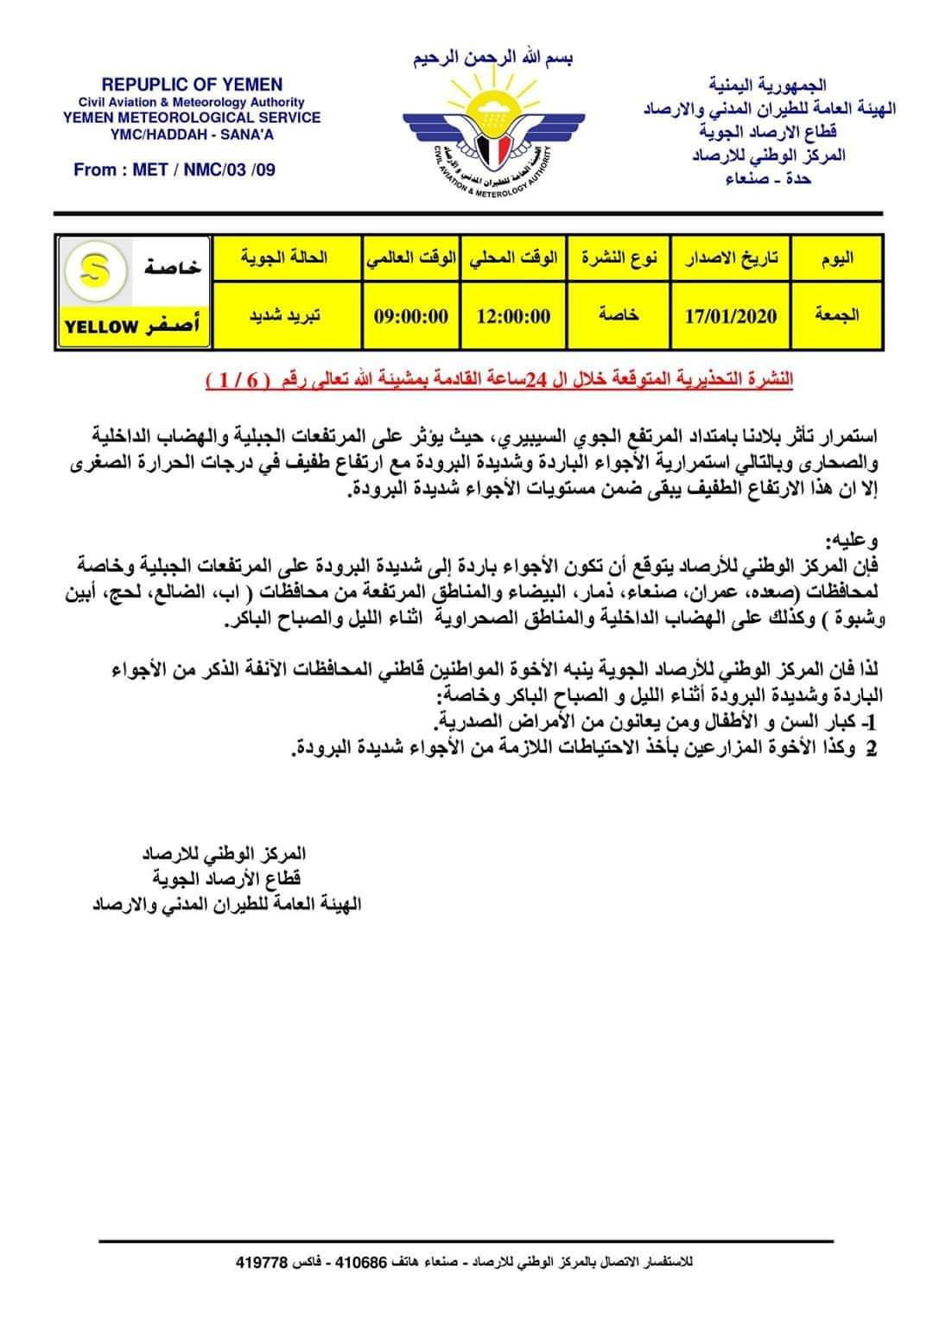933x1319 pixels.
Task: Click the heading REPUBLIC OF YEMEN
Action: [x=192, y=85]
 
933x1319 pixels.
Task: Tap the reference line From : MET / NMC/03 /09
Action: [x=175, y=169]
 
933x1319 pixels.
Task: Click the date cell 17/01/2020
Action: [x=731, y=316]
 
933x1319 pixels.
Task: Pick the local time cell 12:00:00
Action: [x=513, y=316]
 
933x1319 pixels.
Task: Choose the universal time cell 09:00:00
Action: [x=411, y=316]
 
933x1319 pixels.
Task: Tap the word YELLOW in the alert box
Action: [x=101, y=327]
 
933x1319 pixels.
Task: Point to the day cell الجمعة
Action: [x=837, y=315]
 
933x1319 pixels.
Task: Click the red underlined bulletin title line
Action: [x=499, y=380]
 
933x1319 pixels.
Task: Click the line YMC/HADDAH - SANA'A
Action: [x=192, y=134]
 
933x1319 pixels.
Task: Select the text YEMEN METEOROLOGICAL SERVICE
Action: [x=192, y=117]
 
